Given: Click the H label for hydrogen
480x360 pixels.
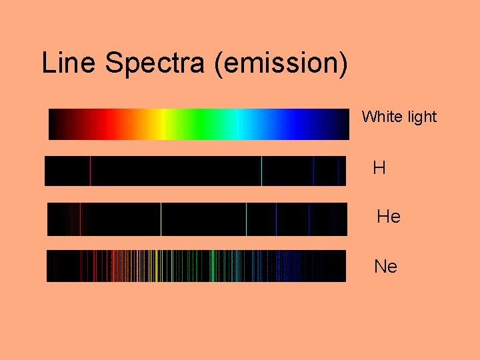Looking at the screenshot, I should tap(379, 168).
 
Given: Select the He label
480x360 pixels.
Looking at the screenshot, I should tap(388, 217).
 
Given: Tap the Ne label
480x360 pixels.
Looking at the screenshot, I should tap(386, 267).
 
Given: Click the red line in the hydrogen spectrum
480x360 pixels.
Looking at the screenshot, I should tap(90, 171).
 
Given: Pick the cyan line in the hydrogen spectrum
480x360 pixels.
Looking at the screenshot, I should tap(261, 171).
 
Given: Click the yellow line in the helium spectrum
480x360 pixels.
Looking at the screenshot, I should tap(161, 219).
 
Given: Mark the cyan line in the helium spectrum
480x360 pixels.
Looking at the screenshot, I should tap(247, 219).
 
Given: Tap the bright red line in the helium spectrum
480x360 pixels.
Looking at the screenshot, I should tap(81, 219).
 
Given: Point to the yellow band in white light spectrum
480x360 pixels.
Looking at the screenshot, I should tap(160, 124).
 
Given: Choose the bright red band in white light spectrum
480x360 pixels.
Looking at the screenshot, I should tap(100, 124).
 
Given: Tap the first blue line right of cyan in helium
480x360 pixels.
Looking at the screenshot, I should tap(276, 219).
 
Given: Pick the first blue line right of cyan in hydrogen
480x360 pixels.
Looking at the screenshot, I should tap(313, 171).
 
